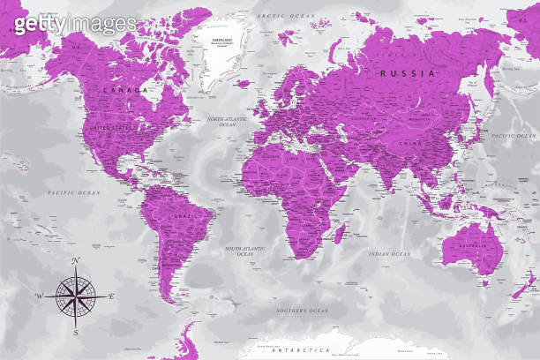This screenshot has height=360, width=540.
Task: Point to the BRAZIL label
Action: pos(185,215)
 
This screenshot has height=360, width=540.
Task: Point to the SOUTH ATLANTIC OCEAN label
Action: pos(244,252)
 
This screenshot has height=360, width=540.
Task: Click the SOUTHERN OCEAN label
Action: pos(302,311)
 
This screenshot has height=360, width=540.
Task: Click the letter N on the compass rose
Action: pos(76,259)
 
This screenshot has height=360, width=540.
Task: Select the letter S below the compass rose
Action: pos(76,333)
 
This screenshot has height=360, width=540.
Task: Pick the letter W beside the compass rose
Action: pos(39,296)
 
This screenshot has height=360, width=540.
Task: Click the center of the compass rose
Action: pos(76,296)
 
